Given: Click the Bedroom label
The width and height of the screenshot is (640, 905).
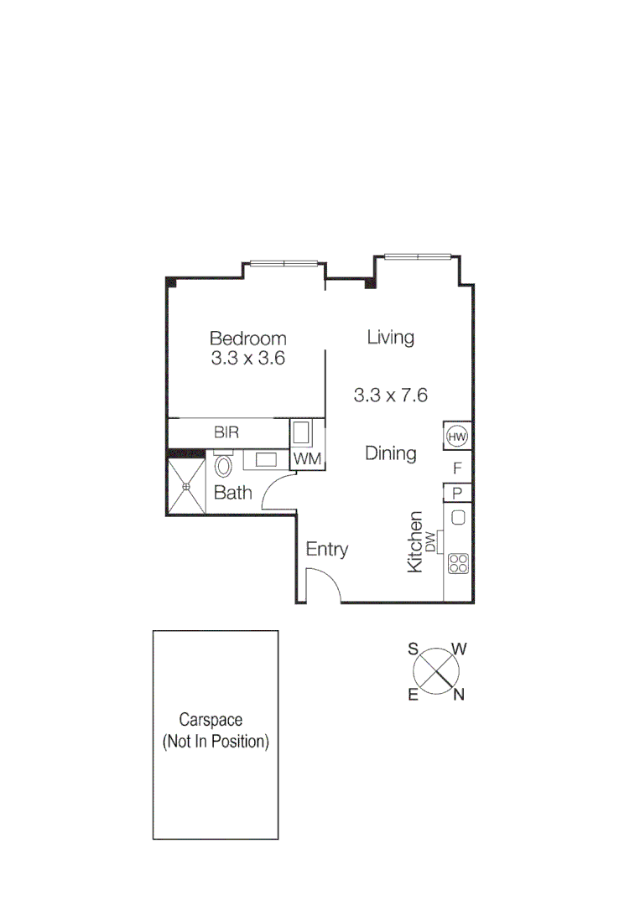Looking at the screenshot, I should point(247,339).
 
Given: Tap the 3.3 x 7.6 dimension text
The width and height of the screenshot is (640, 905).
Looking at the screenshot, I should point(390,395).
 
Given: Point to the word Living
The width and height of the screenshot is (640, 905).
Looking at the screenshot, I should point(391,338).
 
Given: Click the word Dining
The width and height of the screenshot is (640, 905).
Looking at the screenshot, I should point(391,453).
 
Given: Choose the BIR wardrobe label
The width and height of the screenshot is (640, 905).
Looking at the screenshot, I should point(226,432).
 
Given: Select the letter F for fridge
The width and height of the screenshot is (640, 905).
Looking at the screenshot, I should point(457,468).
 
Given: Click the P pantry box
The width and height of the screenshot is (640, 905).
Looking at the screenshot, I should point(458,493).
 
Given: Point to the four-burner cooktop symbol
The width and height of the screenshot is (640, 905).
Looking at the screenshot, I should point(458,564).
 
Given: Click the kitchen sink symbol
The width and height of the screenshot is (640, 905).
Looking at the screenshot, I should point(458,517).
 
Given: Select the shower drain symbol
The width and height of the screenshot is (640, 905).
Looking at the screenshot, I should point(186,485).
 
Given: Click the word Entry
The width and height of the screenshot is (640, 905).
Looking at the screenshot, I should point(326,550).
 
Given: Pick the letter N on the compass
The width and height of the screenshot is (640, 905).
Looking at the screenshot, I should point(459,694).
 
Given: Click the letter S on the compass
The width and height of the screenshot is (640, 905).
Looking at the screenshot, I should point(413,648).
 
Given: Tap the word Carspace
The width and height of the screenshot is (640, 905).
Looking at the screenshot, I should point(211,720).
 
